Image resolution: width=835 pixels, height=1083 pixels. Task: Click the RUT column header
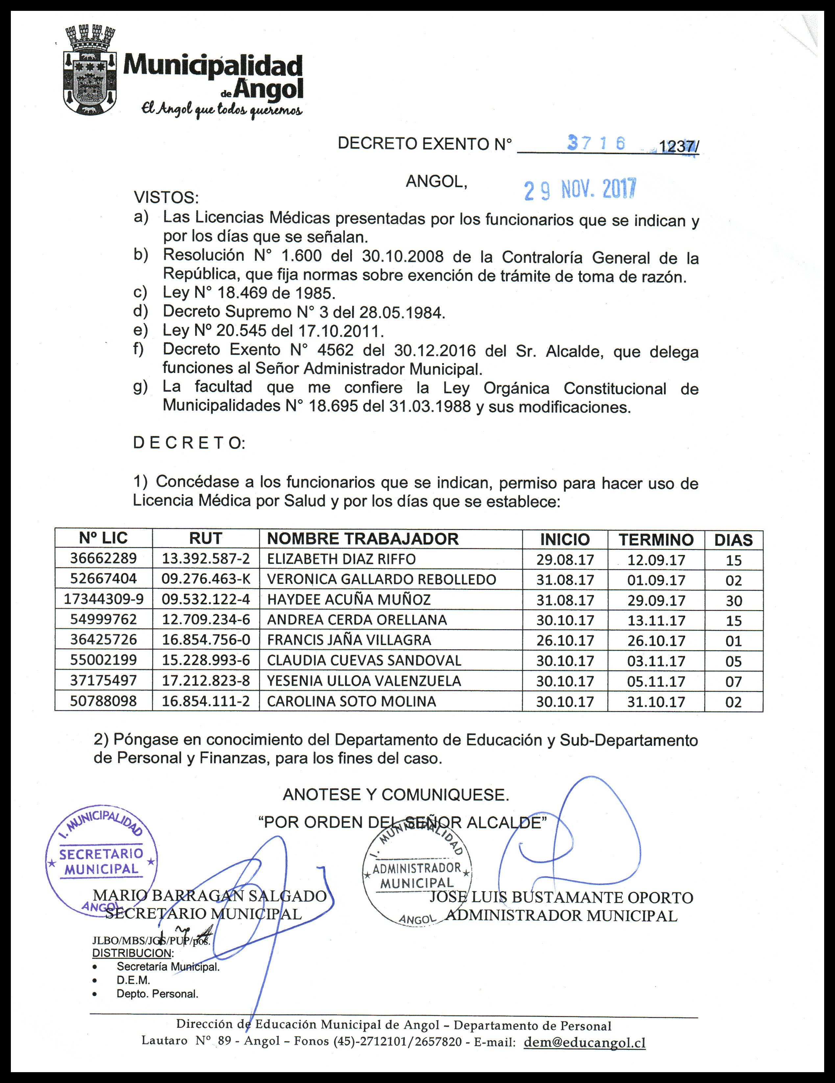(205, 539)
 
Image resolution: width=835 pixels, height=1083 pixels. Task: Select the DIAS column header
(733, 540)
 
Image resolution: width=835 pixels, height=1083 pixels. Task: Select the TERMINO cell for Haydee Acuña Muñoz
(656, 600)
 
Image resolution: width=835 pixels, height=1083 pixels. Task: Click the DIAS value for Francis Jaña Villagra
(733, 641)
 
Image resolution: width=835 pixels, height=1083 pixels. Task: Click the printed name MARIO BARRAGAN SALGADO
(210, 896)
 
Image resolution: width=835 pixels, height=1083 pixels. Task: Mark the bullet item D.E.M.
(133, 980)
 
